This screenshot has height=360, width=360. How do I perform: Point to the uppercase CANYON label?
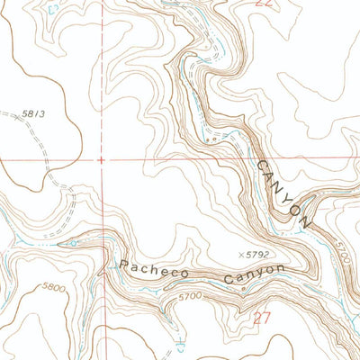pos(283,193)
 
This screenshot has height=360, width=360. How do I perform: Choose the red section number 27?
pos(262,317)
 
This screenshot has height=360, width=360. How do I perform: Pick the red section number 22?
pos(263,4)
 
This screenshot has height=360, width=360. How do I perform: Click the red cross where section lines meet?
pos(102,160)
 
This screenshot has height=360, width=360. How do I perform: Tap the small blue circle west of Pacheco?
pos(73,243)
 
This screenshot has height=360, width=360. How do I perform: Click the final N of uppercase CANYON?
pos(306,221)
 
